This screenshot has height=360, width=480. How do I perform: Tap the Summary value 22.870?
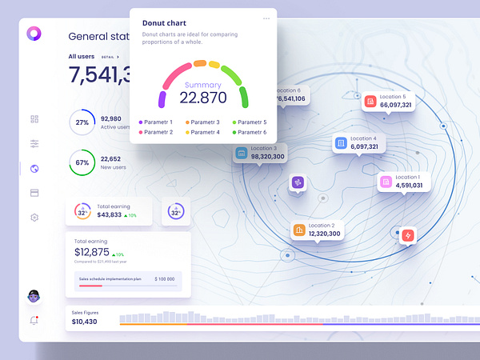[x=202, y=98]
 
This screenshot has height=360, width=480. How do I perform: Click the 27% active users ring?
[x=82, y=122]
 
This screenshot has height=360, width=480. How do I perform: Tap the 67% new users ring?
[x=82, y=162]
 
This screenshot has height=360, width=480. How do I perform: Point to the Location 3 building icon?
[x=241, y=153]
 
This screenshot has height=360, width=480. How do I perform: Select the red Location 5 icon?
[x=370, y=102]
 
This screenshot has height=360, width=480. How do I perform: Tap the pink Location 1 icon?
[x=386, y=182]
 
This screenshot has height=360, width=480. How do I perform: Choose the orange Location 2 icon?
[x=299, y=230]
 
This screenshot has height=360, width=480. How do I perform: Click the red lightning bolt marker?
[x=408, y=235]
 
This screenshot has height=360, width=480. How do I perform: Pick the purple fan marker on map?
[x=298, y=182]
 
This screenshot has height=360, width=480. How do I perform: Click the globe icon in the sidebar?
[x=34, y=169]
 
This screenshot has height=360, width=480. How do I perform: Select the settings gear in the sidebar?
[x=34, y=218]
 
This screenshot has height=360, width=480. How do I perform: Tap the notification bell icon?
[x=34, y=320]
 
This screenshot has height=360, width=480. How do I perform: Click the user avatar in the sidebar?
[x=34, y=297]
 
